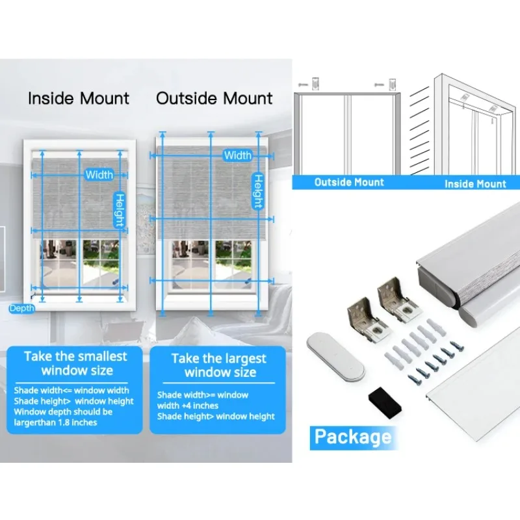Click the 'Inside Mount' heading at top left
point(78,99)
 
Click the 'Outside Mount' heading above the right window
point(214,99)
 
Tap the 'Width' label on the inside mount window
point(99,174)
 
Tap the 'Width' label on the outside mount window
point(237,155)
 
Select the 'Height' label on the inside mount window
point(120,210)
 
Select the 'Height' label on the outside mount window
point(257,191)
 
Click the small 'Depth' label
point(21,308)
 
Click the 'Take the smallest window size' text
point(76,363)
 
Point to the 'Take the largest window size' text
point(219,365)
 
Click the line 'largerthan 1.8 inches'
point(55,422)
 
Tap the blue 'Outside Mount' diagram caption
point(349,183)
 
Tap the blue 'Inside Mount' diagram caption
point(475,184)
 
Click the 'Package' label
point(352,436)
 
